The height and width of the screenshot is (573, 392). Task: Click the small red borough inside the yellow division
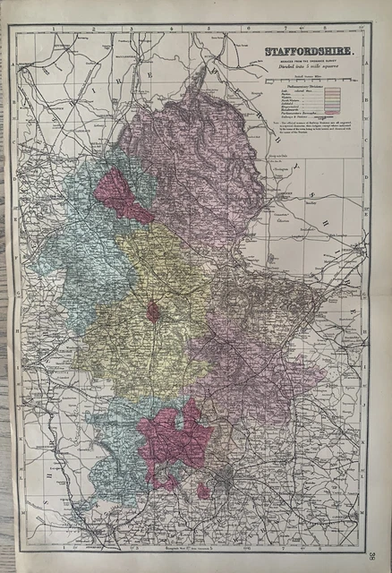click(x=154, y=312)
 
